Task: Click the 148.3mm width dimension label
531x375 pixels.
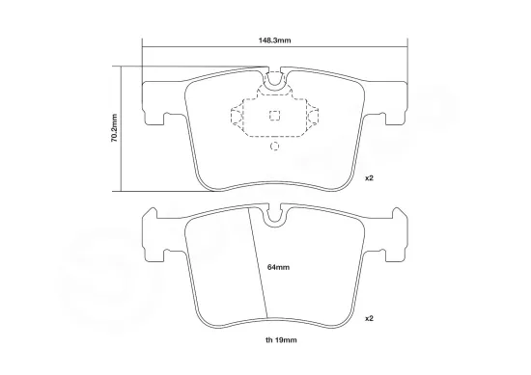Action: (x=276, y=40)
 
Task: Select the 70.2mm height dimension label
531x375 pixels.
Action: (x=113, y=127)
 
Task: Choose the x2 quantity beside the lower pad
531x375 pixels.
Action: (x=369, y=317)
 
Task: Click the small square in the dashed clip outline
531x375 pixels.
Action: (x=274, y=118)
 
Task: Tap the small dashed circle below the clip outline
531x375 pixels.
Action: (x=274, y=147)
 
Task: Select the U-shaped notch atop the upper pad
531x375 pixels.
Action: (x=274, y=83)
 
